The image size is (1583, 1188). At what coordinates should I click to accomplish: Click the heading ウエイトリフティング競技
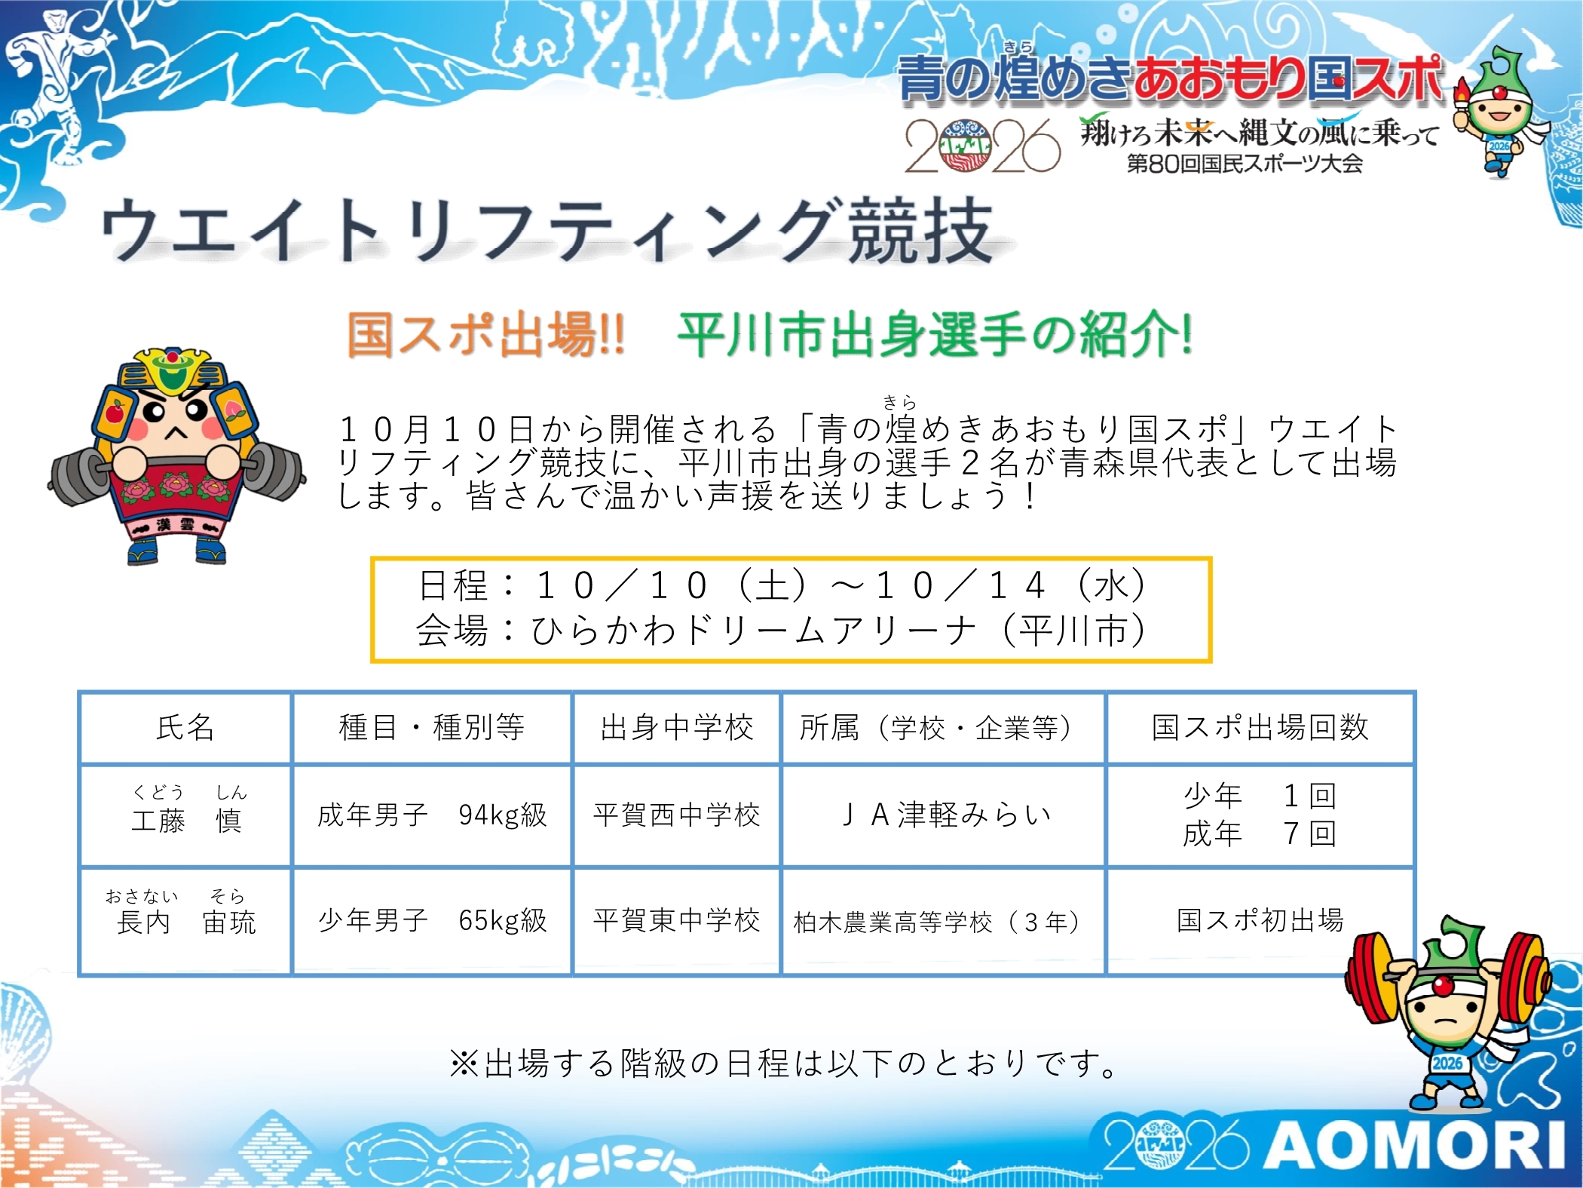(547, 230)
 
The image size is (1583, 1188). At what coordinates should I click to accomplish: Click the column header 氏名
(185, 727)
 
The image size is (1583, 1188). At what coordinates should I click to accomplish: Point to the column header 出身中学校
(677, 727)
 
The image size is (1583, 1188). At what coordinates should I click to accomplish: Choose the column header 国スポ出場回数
(1260, 727)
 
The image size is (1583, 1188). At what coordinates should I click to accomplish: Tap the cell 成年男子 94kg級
(432, 815)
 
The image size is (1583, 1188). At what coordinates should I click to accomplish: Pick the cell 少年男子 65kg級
(432, 920)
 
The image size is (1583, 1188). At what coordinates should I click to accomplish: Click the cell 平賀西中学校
(676, 815)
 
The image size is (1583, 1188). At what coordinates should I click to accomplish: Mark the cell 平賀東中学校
(676, 920)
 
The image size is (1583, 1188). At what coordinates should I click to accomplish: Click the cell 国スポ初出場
(1260, 920)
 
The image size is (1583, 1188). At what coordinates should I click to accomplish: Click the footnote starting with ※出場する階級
(784, 1064)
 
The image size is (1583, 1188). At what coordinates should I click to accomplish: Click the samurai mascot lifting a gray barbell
(176, 456)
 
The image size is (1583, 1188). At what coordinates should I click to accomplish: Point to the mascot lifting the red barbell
(1446, 1015)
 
